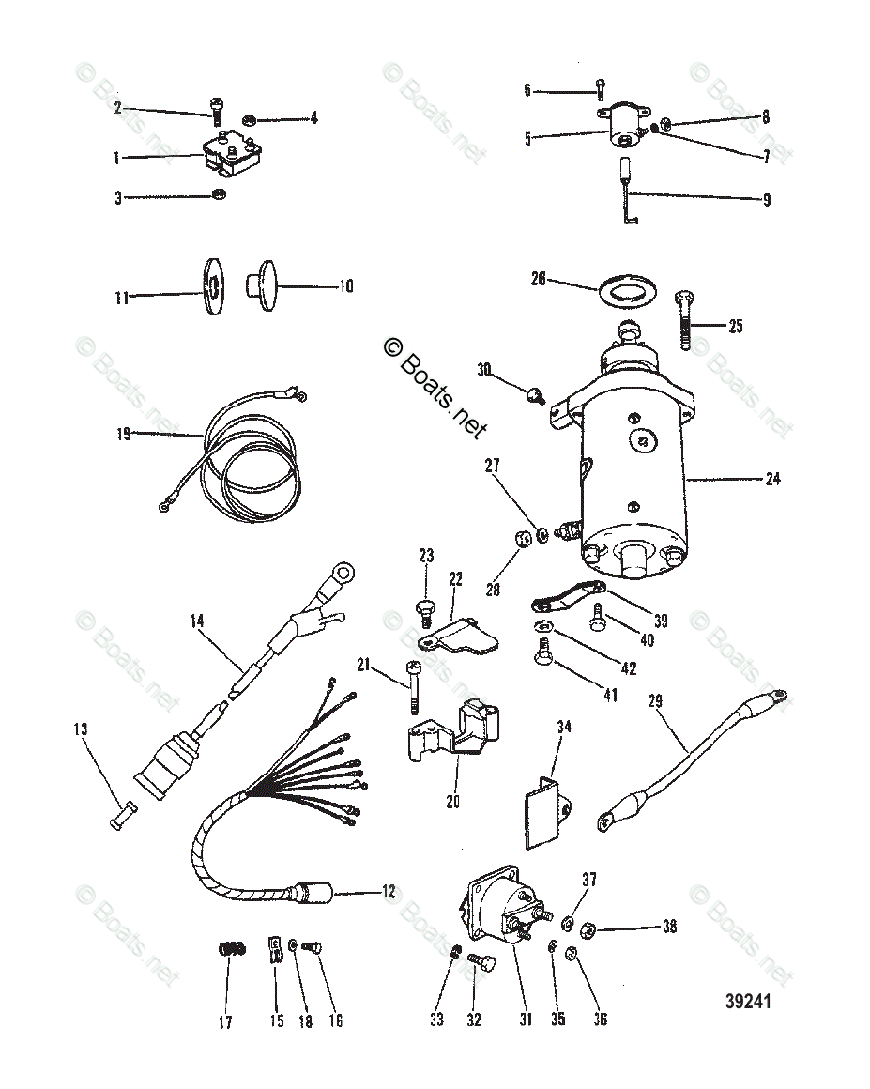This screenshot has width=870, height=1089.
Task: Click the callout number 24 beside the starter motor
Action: [772, 479]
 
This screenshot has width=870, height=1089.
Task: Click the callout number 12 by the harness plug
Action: [389, 892]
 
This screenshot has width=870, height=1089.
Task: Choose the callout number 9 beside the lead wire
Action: [766, 199]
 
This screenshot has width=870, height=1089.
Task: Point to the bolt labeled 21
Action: [414, 690]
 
